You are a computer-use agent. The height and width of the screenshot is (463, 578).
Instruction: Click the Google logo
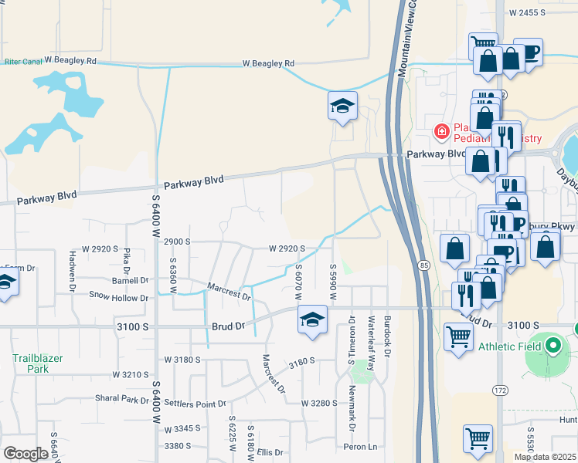(25, 454)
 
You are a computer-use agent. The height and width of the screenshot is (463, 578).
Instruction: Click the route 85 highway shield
(425, 265)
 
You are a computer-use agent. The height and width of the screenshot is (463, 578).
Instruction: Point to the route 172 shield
(501, 391)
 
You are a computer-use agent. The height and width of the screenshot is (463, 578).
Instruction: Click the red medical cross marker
(441, 132)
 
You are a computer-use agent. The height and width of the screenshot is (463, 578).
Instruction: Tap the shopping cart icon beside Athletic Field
(459, 337)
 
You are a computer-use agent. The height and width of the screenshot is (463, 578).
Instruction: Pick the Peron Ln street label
(361, 447)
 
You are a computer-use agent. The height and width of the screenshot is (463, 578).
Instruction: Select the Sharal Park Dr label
(121, 400)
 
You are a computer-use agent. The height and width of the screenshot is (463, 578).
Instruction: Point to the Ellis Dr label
(271, 452)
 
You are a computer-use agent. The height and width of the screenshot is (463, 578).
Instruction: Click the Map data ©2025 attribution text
(545, 457)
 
